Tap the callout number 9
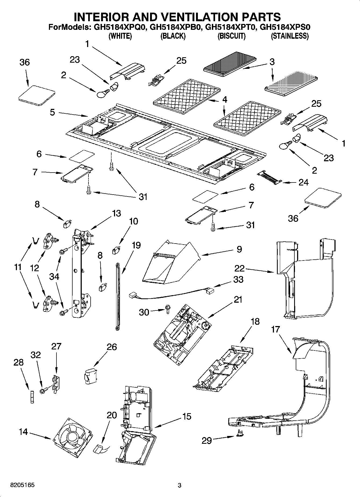(239, 249)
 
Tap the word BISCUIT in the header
(231, 36)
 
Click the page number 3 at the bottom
(180, 485)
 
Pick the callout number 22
(239, 268)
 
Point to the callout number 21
(238, 299)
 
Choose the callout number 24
(303, 182)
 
